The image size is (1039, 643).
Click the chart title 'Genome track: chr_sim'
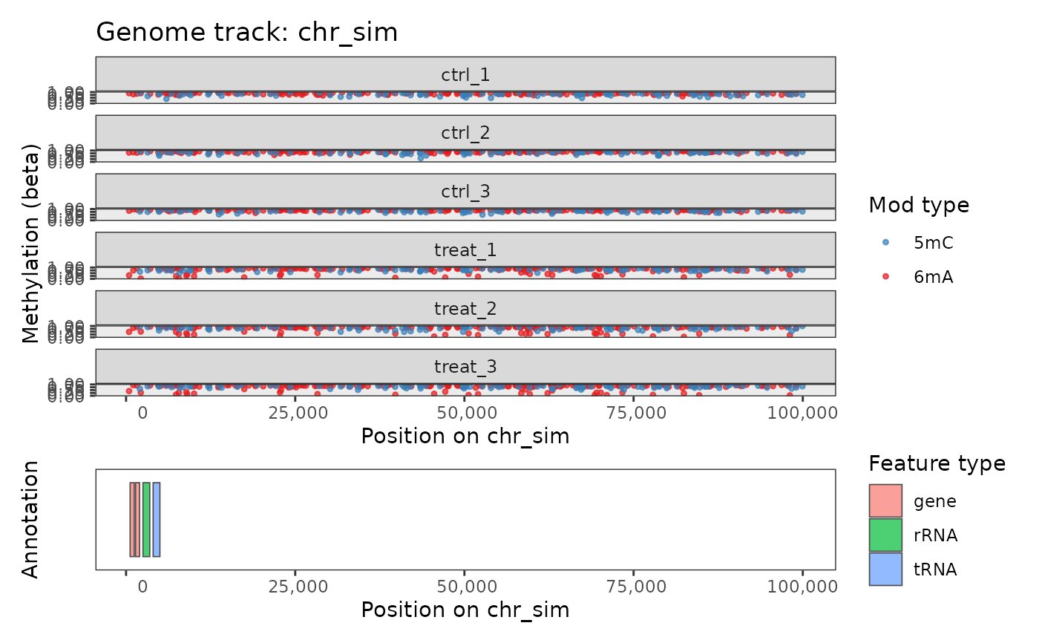coord(246,33)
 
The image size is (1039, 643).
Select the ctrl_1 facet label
coord(465,74)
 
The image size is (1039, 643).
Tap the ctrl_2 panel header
coord(465,133)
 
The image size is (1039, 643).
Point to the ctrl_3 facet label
coord(465,191)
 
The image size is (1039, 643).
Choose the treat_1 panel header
coord(465,249)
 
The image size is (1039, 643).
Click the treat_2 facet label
coord(465,308)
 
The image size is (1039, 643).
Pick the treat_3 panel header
coord(465,366)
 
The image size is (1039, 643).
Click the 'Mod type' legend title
coord(919,205)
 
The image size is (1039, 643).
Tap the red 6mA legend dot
coord(885,276)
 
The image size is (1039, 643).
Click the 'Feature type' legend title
coord(937,464)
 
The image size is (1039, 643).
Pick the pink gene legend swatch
coord(885,500)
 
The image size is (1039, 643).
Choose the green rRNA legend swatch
coord(885,535)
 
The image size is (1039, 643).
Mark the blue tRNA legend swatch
coord(885,569)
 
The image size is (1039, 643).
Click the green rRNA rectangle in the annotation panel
coord(146,519)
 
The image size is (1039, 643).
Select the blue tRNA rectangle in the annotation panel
coord(157,519)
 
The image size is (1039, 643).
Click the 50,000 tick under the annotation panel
coord(465,587)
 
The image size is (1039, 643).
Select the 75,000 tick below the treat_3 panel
coord(633,412)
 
